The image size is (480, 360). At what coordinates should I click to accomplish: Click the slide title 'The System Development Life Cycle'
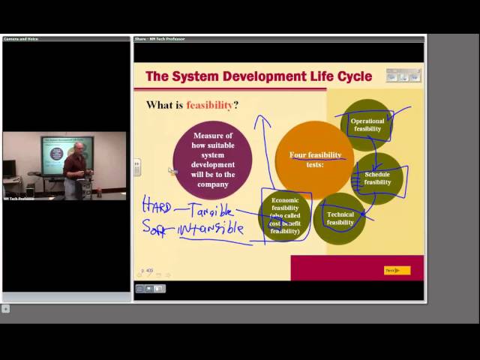[x=258, y=76]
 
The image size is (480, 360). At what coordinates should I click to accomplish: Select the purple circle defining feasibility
[x=212, y=159]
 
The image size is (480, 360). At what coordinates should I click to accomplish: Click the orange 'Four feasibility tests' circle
[x=314, y=160]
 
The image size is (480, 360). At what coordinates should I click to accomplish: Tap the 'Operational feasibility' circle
[x=367, y=124]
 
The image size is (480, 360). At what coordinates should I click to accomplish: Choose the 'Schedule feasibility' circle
[x=377, y=178]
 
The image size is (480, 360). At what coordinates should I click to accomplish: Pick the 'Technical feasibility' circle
[x=340, y=218]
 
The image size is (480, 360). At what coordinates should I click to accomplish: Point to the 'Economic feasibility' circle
[x=285, y=215]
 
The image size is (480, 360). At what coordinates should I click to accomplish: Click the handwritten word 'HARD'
[x=157, y=204]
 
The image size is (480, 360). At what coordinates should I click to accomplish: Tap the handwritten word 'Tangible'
[x=212, y=211]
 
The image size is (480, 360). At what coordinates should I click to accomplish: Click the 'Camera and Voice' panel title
[x=21, y=39]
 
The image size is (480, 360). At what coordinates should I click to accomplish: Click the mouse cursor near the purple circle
[x=172, y=171]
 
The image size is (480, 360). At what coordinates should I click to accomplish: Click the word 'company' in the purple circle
[x=213, y=184]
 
